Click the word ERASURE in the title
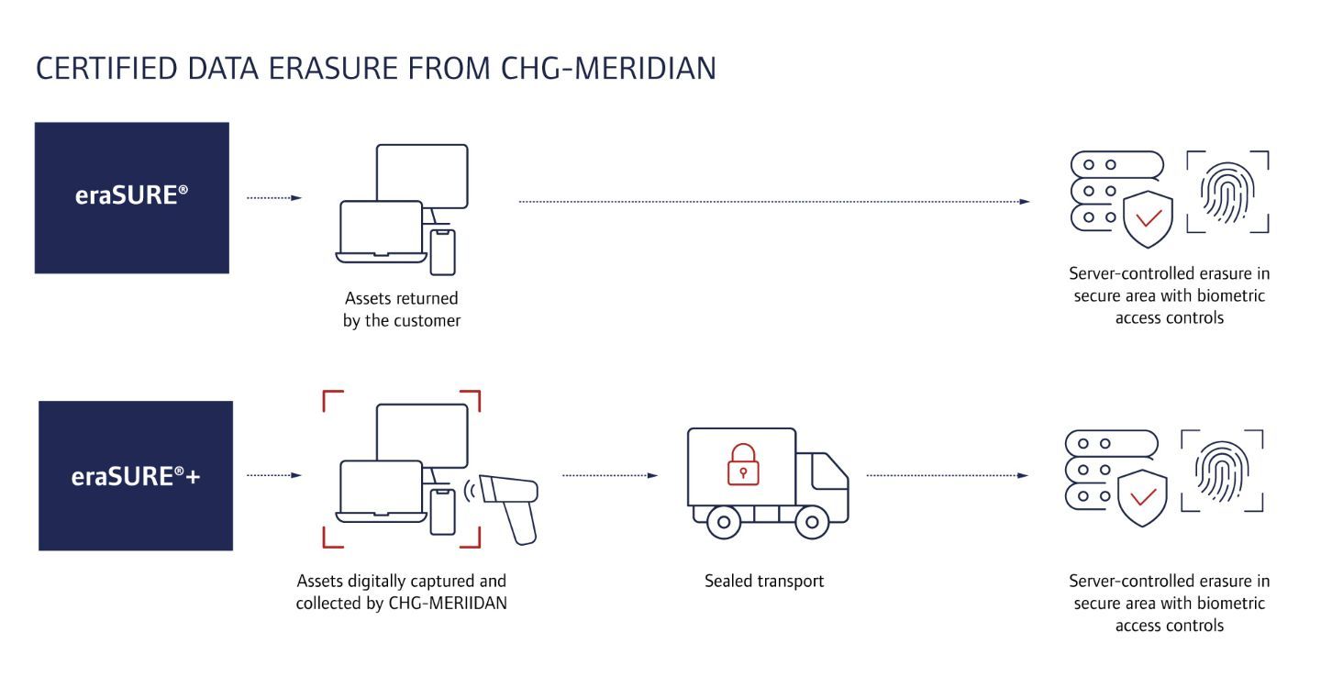coord(318,69)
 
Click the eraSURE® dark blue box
coord(131,197)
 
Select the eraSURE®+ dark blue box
coord(136,475)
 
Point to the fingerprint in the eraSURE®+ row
coord(1222,470)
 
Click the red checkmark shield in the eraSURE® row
coord(1148,217)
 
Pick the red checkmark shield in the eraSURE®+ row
coord(1142,496)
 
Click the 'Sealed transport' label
coord(764,581)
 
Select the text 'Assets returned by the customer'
coord(401,310)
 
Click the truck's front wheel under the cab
coord(811,523)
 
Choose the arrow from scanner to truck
coord(609,475)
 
